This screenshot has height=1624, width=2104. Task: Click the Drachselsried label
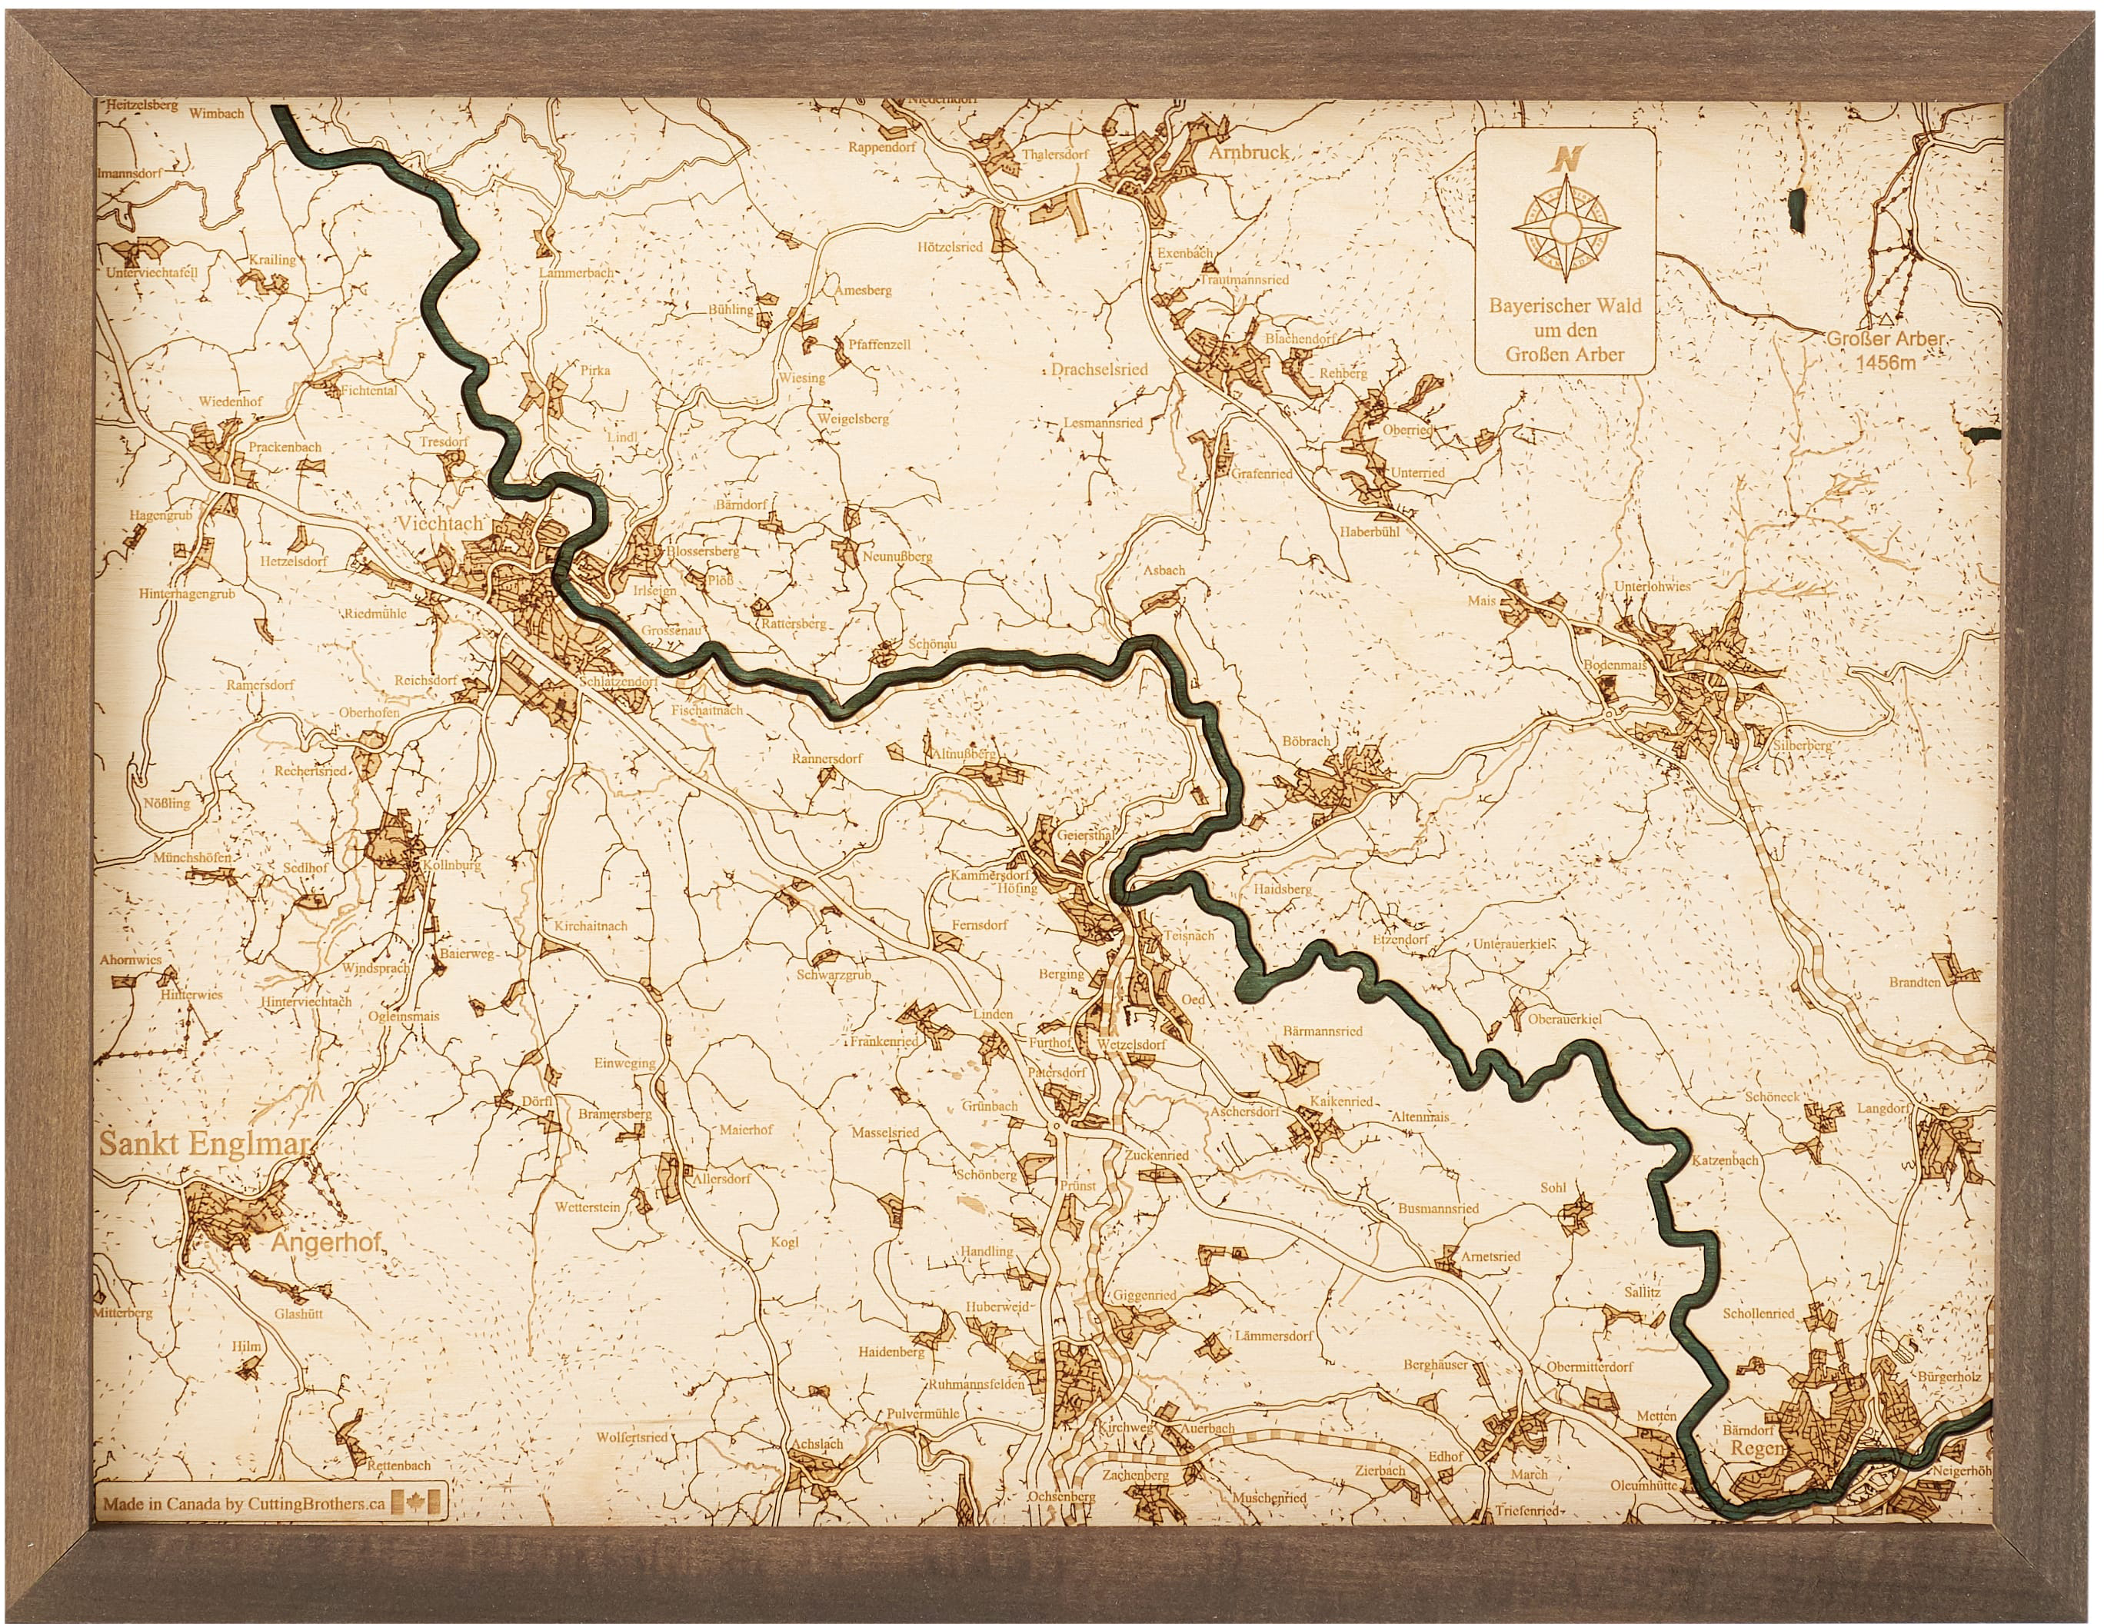1099,369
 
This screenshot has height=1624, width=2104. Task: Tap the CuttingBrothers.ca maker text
301,1503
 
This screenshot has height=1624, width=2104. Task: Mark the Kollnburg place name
451,865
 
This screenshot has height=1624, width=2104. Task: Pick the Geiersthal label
1085,835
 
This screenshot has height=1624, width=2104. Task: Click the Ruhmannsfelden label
976,1384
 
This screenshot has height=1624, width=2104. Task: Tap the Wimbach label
217,113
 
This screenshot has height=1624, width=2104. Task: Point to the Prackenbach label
285,447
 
